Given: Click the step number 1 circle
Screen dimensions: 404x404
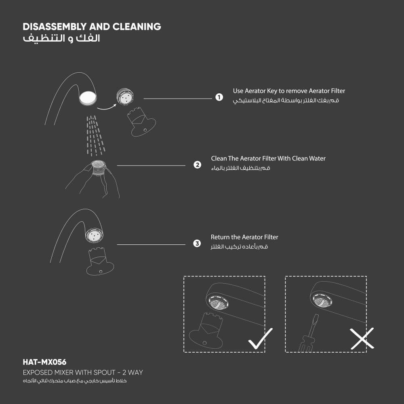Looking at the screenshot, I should (219, 98).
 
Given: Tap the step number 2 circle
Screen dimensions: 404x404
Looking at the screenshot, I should (197, 165).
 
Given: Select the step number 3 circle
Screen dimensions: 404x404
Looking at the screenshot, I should (197, 244).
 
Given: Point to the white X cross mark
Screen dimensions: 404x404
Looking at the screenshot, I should (362, 339).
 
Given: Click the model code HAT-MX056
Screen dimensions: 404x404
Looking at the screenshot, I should (44, 362).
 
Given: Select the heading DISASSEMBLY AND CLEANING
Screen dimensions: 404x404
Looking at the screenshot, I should (92, 27).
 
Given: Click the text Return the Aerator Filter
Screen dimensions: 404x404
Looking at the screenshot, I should (244, 237).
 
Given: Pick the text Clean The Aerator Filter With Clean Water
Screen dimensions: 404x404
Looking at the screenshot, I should (268, 158).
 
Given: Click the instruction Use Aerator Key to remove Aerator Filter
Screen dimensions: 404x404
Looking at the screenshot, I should (289, 91).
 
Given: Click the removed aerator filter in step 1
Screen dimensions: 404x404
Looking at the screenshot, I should (125, 97).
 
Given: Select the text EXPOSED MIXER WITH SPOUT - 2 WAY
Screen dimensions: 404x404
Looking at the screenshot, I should (83, 372).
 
